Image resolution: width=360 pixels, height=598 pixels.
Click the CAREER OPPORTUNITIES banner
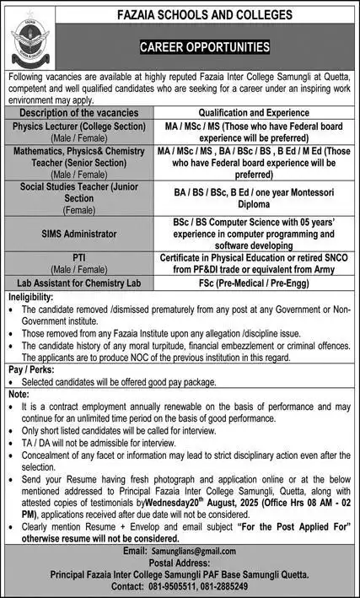[205, 47]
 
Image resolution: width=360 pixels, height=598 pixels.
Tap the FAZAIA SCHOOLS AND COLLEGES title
[205, 15]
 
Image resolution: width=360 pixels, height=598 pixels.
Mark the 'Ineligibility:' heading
[32, 299]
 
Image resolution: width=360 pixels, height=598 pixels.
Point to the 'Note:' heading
[18, 394]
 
